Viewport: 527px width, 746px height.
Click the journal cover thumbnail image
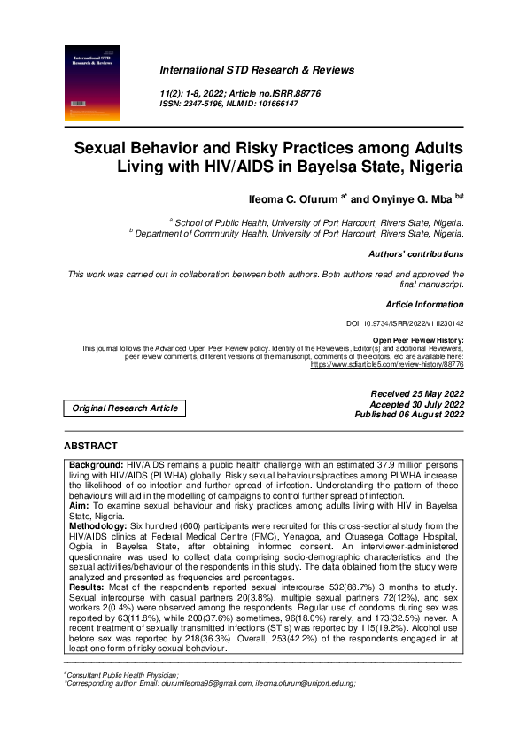(94, 82)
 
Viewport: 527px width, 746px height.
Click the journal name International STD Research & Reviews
(257, 70)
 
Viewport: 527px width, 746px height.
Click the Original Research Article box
(125, 408)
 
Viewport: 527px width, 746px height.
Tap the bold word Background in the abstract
(97, 464)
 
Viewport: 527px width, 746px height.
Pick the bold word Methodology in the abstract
(102, 525)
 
